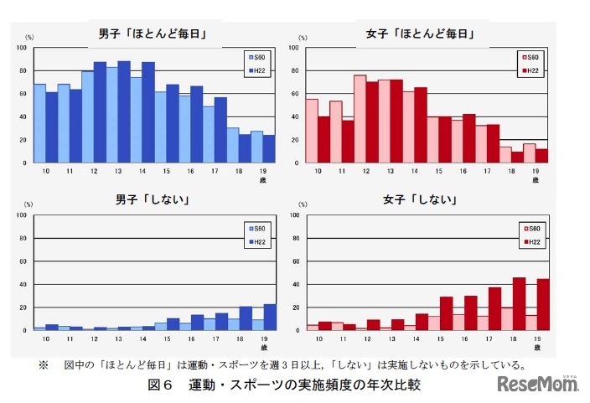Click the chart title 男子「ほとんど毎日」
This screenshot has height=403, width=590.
pyautogui.click(x=152, y=34)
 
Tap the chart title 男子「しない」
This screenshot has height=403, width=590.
pyautogui.click(x=152, y=200)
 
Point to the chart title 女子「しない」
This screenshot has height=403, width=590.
pyautogui.click(x=422, y=200)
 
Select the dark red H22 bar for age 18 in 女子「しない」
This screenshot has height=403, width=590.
pyautogui.click(x=520, y=303)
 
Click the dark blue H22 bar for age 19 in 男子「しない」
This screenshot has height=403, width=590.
pyautogui.click(x=270, y=317)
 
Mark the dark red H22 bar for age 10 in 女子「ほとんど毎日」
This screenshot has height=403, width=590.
pyautogui.click(x=323, y=139)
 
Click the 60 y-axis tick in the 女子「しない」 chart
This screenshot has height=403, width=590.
pyautogui.click(x=292, y=261)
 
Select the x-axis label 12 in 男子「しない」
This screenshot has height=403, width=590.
pyautogui.click(x=94, y=339)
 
